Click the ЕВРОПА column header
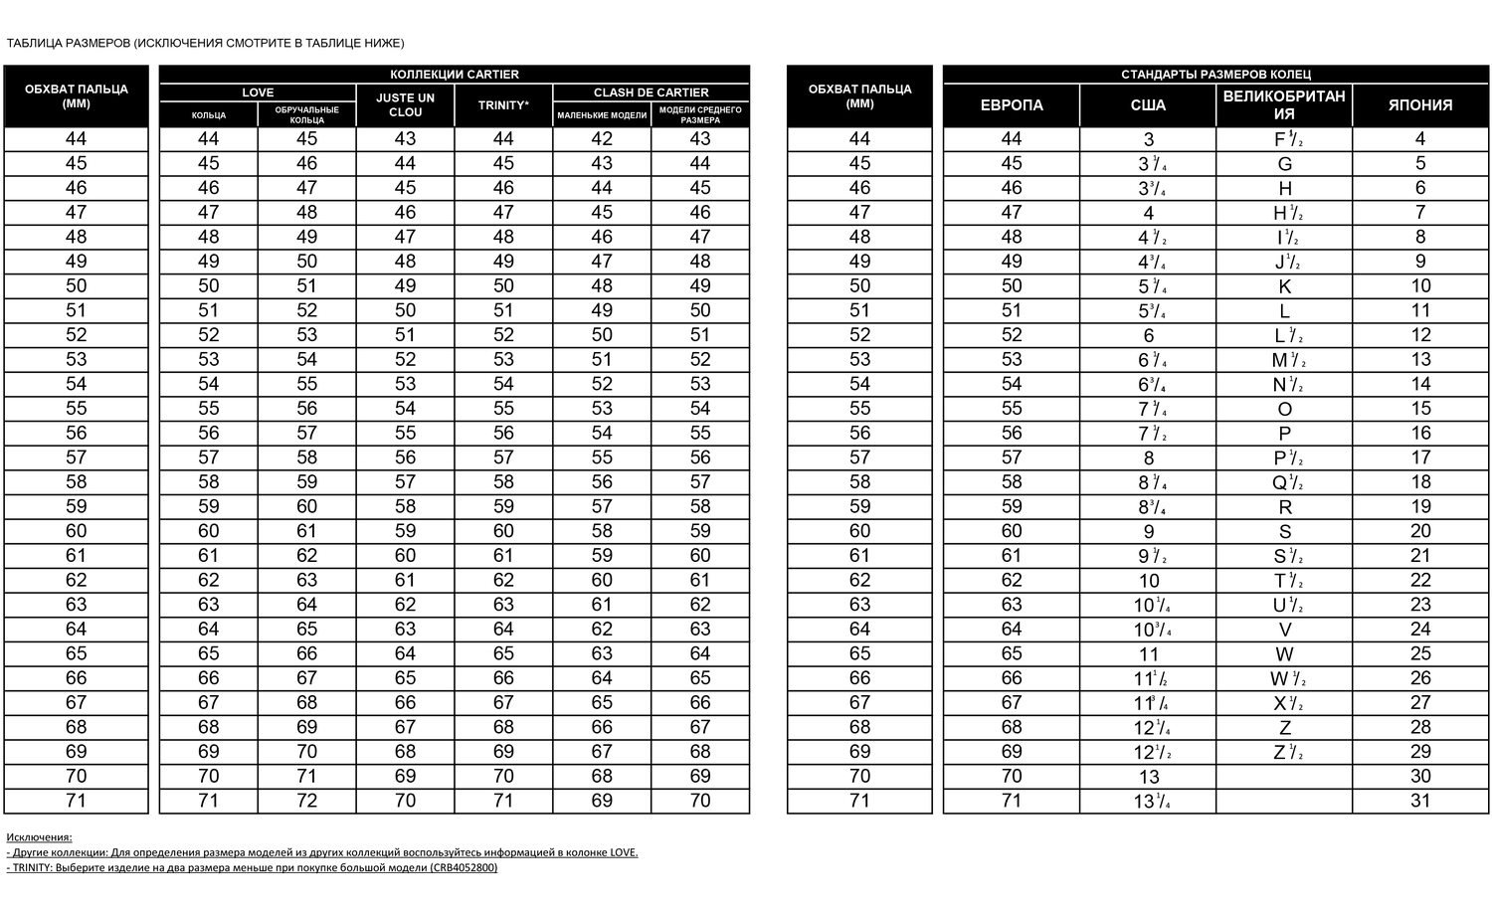(1011, 105)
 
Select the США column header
(1148, 105)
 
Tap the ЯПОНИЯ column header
(1419, 105)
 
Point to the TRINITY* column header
(503, 105)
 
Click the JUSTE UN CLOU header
(405, 105)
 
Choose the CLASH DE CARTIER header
(651, 92)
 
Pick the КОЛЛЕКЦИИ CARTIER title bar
(454, 75)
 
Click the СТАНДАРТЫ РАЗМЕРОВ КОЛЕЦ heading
(1215, 75)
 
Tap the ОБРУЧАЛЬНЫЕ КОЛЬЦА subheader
(306, 114)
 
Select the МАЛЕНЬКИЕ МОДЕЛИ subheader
(602, 115)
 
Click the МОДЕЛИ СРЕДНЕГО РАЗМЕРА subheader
(700, 114)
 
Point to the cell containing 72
(306, 801)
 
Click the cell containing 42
(602, 139)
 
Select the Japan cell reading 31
(1419, 801)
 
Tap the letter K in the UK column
(1284, 286)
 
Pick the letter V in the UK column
(1284, 630)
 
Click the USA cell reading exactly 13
(1149, 777)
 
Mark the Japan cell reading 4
(1419, 139)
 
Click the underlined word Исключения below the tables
(39, 837)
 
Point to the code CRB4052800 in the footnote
(463, 867)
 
